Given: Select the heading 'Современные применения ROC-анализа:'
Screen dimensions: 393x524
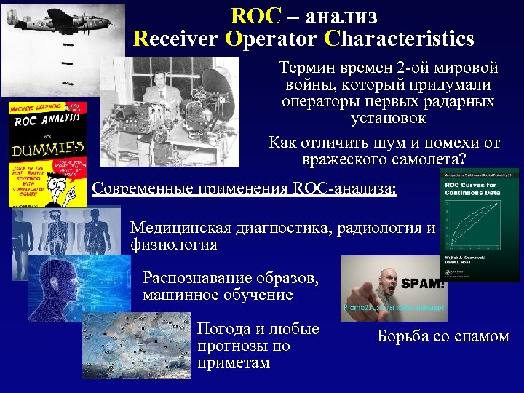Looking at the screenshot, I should coord(245,188).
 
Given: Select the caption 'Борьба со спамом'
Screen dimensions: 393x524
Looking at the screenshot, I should coord(442,336).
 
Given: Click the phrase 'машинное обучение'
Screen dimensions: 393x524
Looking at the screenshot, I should coord(218,295).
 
